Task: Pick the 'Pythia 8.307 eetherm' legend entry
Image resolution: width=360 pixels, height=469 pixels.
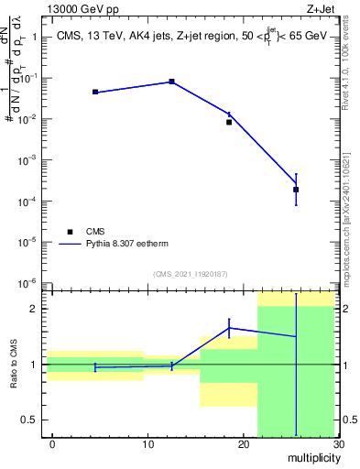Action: point(115,245)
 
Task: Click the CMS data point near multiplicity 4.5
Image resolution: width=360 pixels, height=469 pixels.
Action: point(95,92)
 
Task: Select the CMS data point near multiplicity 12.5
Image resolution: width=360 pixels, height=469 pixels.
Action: point(171,82)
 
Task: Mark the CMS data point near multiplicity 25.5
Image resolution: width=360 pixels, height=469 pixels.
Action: point(296,190)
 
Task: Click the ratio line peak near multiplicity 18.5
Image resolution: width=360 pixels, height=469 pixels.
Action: point(229,327)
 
